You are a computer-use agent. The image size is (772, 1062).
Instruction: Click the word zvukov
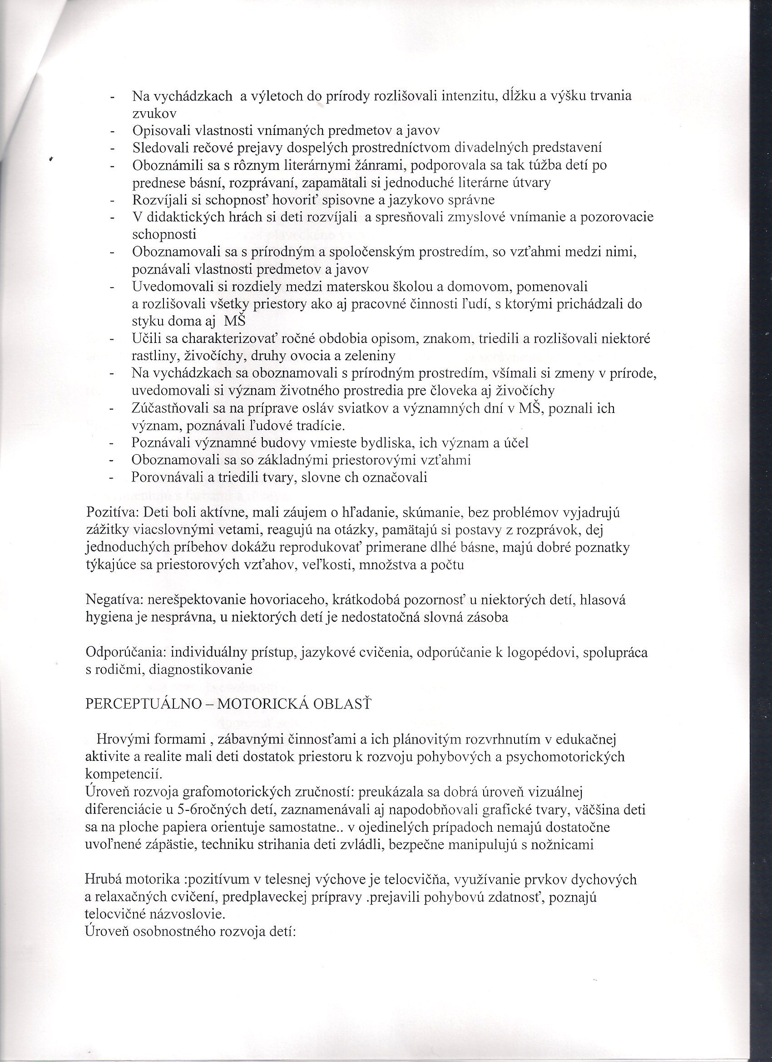(x=154, y=113)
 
